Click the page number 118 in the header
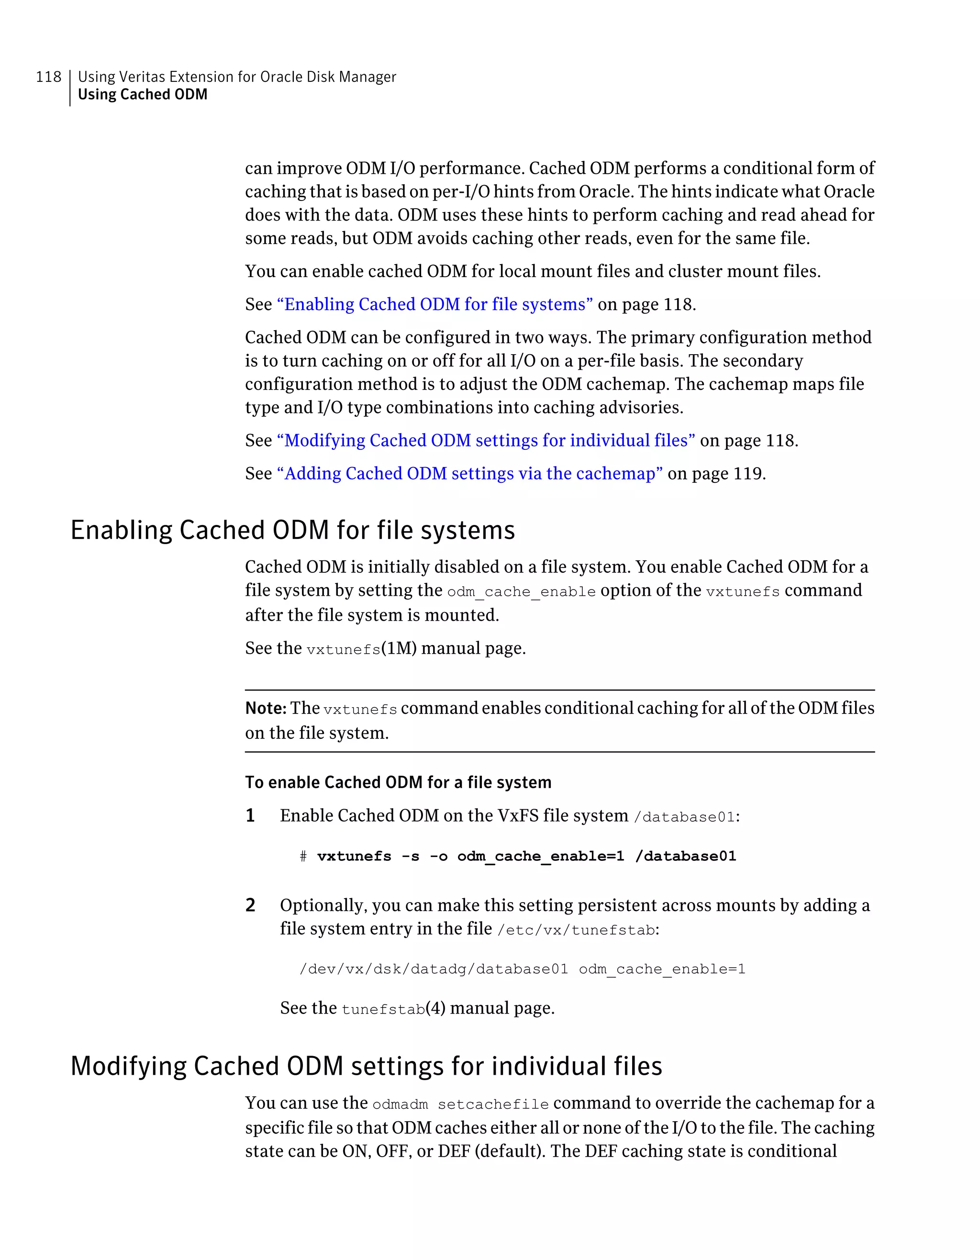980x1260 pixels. coord(48,77)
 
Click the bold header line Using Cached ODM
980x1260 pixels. coord(143,95)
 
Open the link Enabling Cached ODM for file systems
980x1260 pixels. coord(434,304)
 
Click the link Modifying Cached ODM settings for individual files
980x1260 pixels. coord(486,440)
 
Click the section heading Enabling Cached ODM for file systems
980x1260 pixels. coord(292,530)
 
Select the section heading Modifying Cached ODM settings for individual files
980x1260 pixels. coord(366,1066)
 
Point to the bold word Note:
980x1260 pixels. coord(265,708)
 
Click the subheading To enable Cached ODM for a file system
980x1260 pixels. coord(398,782)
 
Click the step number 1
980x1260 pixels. coord(250,815)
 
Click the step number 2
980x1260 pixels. coord(250,904)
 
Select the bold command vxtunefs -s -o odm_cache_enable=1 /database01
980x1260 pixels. coord(526,856)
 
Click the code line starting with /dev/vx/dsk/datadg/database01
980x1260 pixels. coord(522,969)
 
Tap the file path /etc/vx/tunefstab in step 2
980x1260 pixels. coord(576,930)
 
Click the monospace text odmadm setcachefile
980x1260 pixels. coord(460,1104)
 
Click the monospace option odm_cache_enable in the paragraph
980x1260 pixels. coord(521,592)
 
